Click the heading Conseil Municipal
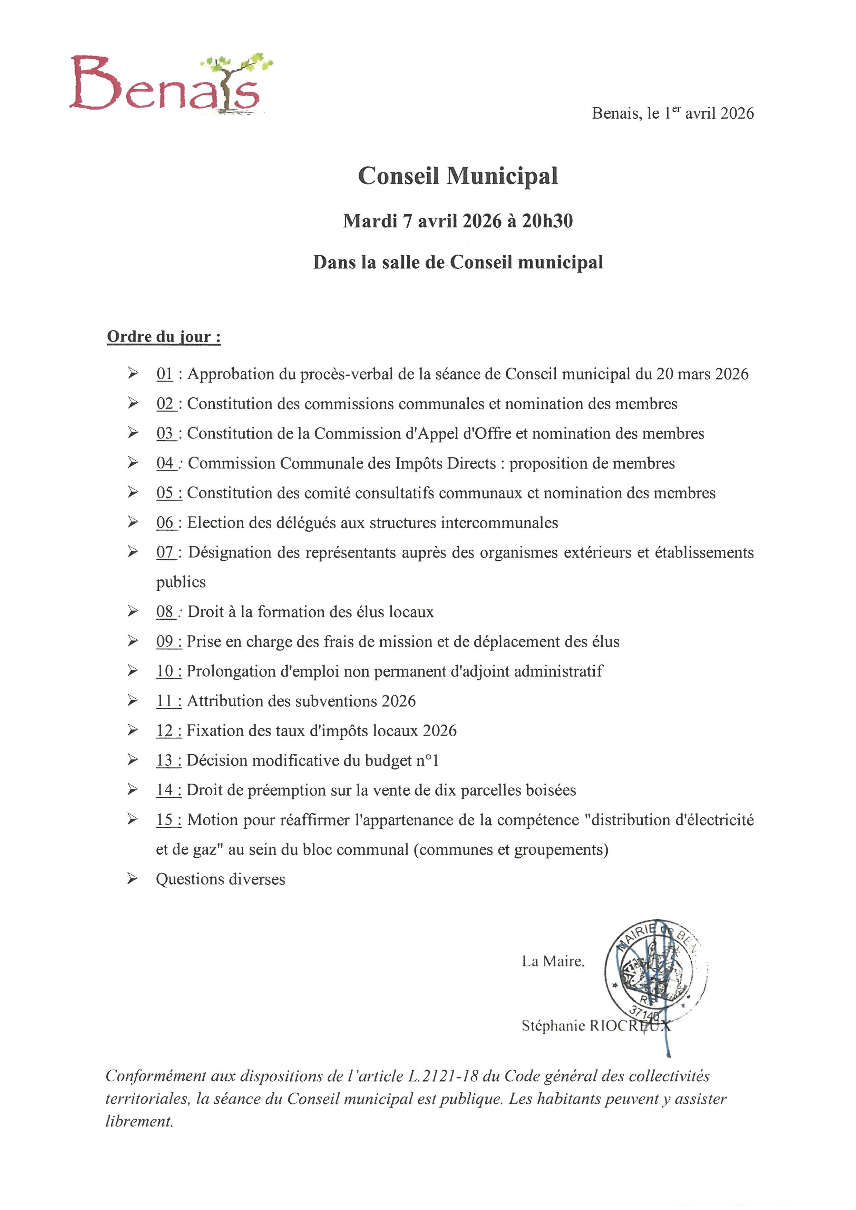click(458, 176)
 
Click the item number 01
click(164, 374)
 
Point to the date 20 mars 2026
click(702, 374)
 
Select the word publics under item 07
click(181, 582)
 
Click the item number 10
click(165, 671)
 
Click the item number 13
click(165, 760)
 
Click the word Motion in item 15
click(212, 820)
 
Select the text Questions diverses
click(220, 879)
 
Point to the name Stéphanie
click(553, 1025)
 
